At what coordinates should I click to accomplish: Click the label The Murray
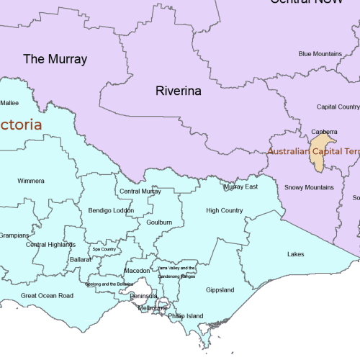click(55, 59)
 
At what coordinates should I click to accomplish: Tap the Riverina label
click(178, 91)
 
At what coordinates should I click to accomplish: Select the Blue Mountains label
click(320, 54)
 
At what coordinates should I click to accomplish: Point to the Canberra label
click(324, 132)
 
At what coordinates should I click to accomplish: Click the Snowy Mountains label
click(309, 188)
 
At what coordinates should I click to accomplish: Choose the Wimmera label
click(31, 181)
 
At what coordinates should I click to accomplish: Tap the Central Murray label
click(140, 192)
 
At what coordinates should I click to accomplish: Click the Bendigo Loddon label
click(111, 211)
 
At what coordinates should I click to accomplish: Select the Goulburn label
click(158, 223)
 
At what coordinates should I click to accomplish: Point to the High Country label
click(224, 211)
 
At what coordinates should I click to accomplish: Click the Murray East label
click(240, 187)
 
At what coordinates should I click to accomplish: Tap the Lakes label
click(295, 254)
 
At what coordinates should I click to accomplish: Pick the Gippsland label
click(220, 290)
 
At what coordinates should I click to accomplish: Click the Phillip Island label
click(186, 316)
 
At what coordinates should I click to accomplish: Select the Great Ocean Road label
click(47, 296)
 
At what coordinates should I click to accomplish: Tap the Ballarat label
click(81, 259)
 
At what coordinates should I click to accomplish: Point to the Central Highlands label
click(50, 245)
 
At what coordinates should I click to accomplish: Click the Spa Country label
click(104, 250)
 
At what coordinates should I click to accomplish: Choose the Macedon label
click(138, 271)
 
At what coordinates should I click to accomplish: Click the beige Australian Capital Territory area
click(318, 156)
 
